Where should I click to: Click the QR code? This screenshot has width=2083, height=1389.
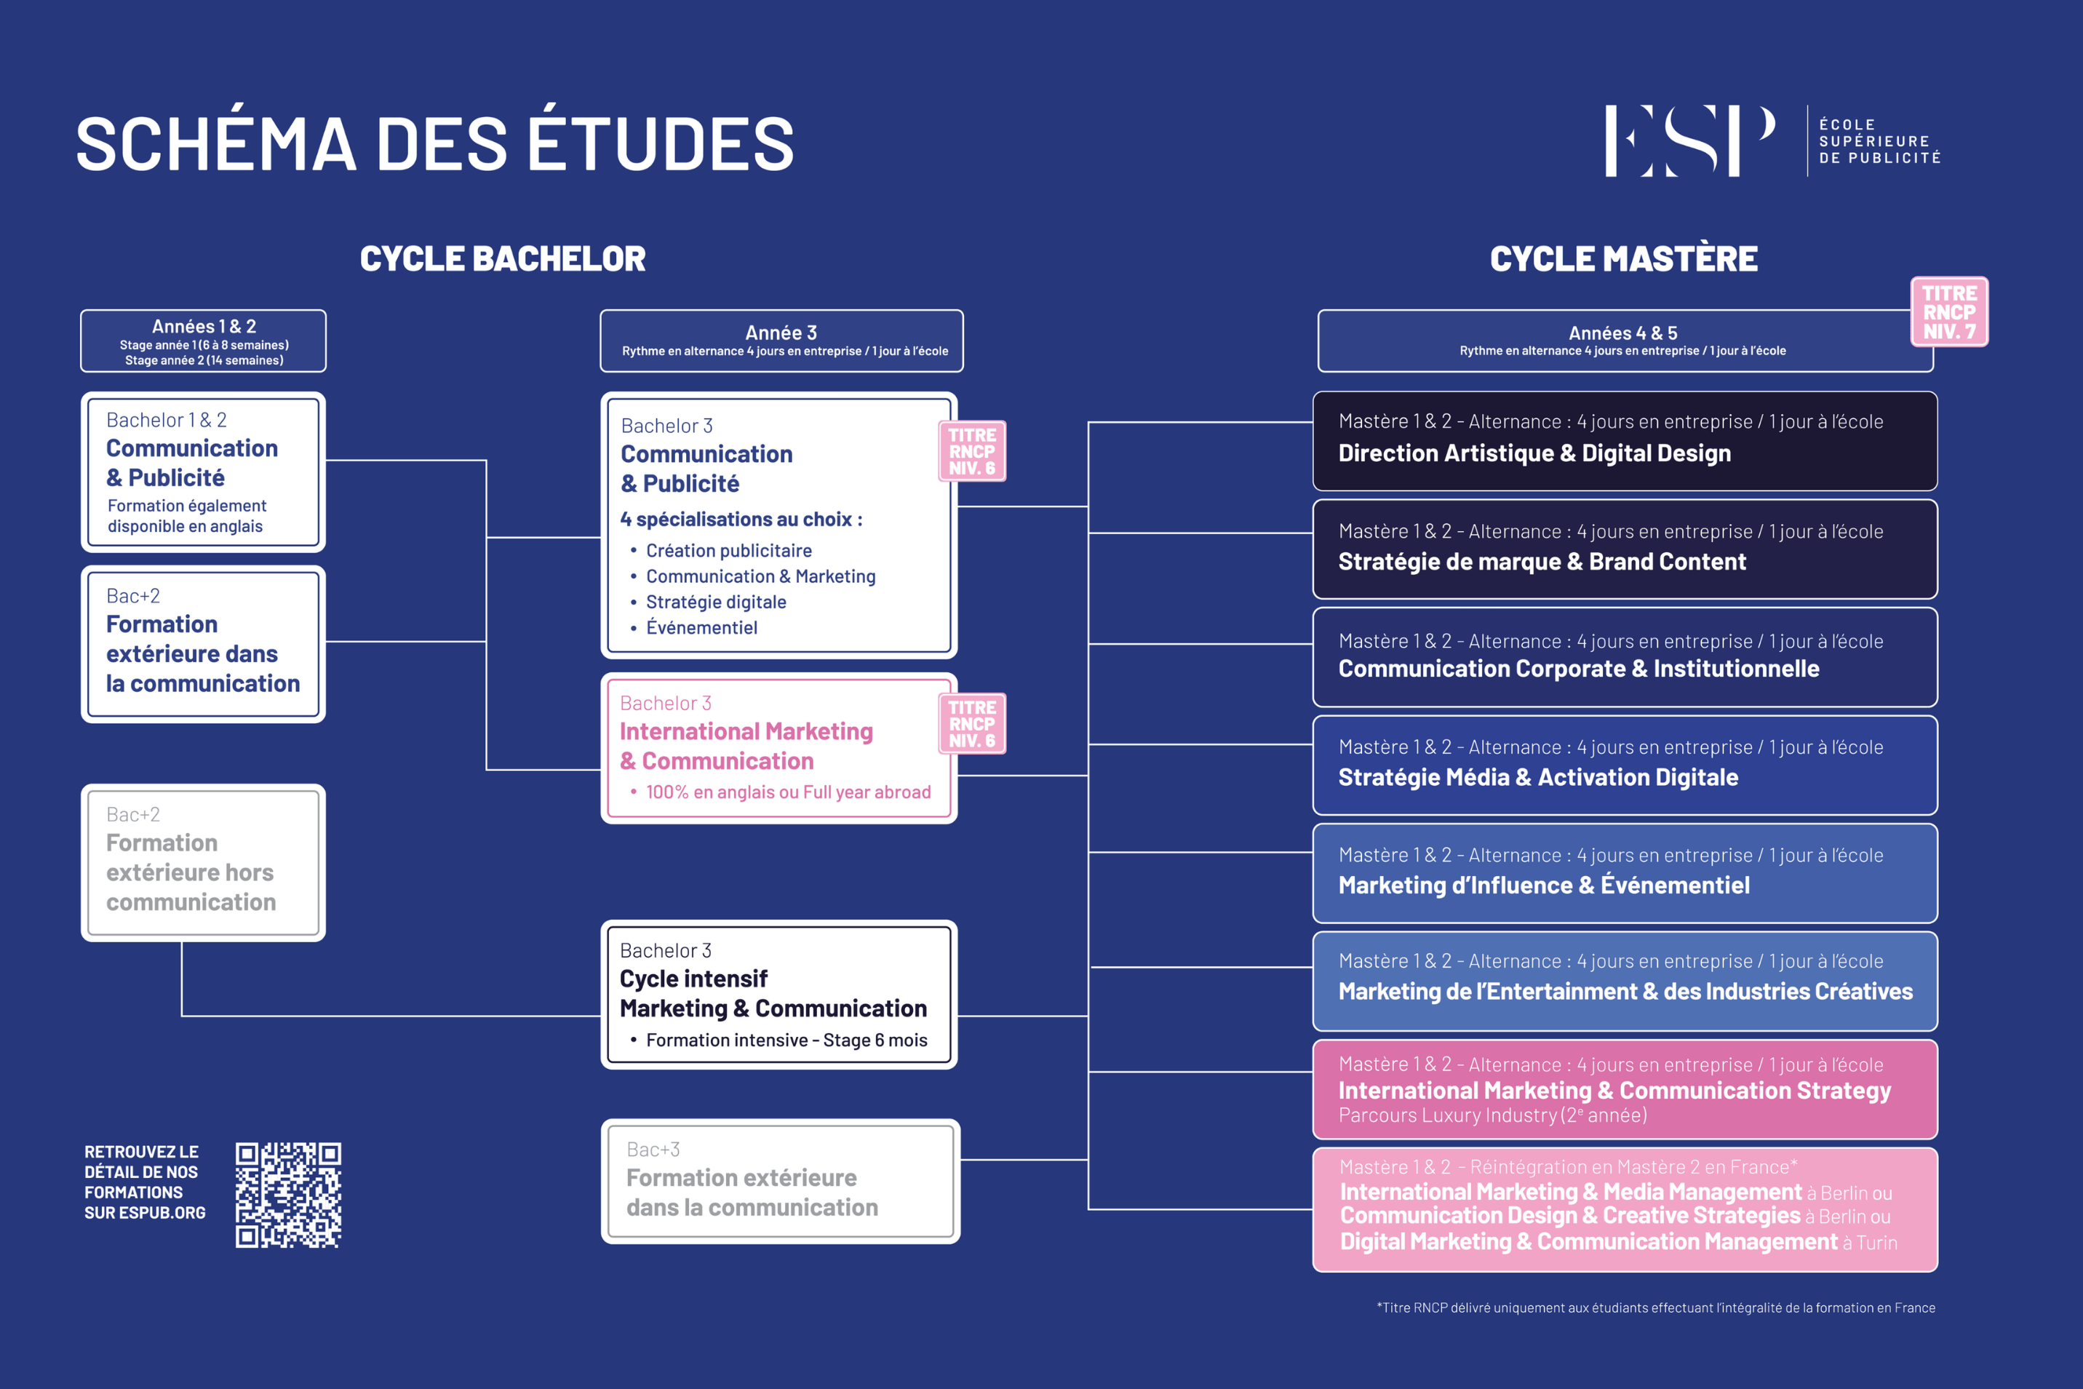288,1195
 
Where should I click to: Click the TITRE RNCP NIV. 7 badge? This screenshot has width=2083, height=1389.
1948,312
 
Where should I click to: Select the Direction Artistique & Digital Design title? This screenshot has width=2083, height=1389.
1534,453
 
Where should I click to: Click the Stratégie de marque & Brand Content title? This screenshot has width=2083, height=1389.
1542,562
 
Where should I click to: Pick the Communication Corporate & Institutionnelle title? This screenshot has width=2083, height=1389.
1578,669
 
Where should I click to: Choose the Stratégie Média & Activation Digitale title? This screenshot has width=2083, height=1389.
1537,778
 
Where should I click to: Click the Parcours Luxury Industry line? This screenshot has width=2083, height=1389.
1492,1115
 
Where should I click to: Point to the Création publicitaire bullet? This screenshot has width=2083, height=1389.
728,551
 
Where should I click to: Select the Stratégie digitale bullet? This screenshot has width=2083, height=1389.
716,602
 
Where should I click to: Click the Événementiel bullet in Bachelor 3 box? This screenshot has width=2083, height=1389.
701,628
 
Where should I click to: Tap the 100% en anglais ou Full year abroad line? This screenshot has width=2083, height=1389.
787,792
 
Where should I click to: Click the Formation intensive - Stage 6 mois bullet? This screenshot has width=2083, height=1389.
786,1040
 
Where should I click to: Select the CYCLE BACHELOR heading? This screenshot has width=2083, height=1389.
502,259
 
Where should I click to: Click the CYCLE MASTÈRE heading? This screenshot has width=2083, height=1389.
1623,259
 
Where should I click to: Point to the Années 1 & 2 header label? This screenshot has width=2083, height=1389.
204,327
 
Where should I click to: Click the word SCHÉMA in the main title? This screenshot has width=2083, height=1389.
215,144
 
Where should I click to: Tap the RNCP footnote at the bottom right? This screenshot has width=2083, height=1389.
1655,1308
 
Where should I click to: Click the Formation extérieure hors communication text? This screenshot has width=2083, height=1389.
191,872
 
